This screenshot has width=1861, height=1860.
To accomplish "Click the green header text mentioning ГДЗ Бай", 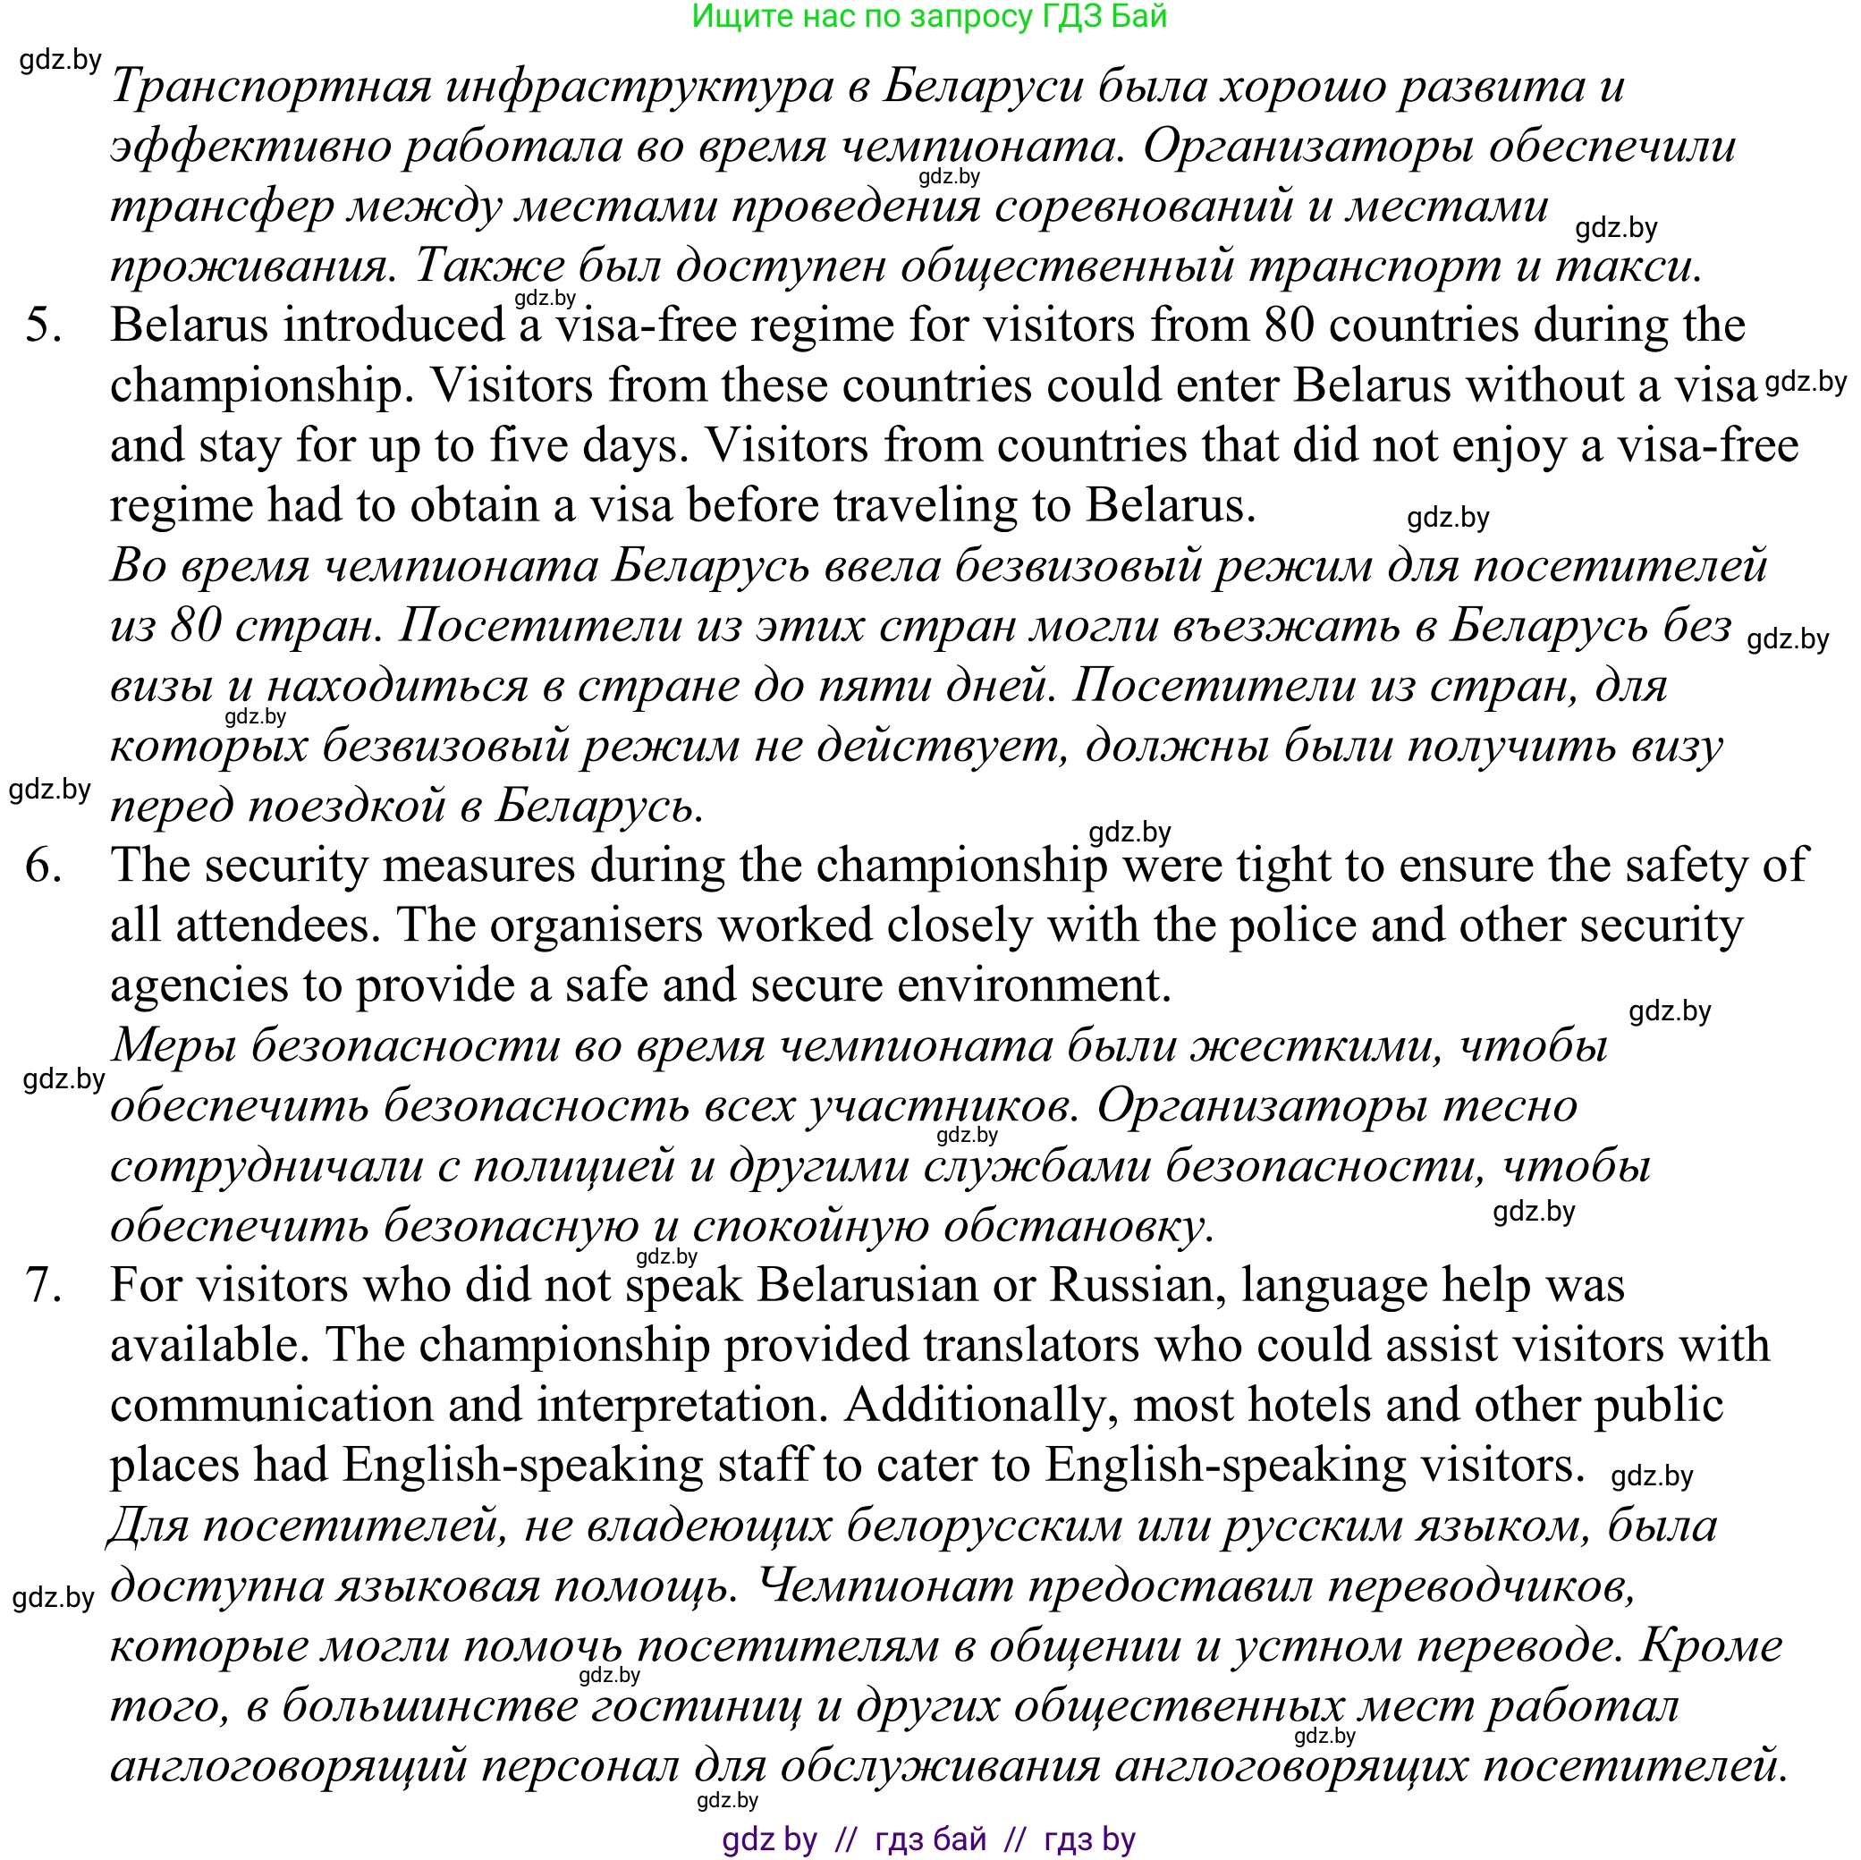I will click(x=929, y=16).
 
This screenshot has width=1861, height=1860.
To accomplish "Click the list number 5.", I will click(x=43, y=325).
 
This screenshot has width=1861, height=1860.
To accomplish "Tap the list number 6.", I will click(x=43, y=865).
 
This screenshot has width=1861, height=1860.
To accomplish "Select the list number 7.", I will click(x=43, y=1286).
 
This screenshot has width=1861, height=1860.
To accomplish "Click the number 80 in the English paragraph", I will click(x=1289, y=325).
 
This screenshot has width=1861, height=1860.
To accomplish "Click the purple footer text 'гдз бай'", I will click(x=930, y=1839).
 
